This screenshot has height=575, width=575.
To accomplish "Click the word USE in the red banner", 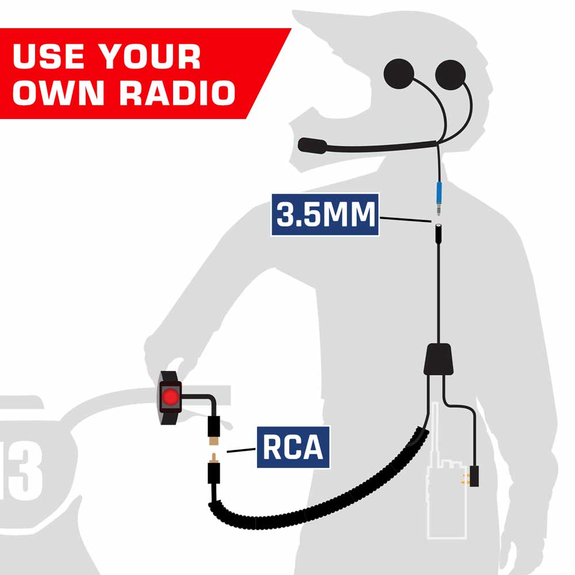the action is [x=48, y=56].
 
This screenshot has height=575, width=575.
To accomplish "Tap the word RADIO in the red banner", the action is [x=177, y=93].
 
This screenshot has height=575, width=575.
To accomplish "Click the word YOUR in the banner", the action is [x=149, y=56].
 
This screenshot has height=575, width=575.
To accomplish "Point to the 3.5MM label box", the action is [x=325, y=214].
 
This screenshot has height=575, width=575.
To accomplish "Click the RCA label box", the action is [x=293, y=447].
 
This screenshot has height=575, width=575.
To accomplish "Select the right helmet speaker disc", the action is [x=450, y=74].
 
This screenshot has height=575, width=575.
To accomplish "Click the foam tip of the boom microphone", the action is [x=312, y=145].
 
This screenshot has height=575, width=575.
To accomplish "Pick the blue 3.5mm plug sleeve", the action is [x=439, y=194].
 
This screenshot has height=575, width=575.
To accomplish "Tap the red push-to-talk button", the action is [x=171, y=397].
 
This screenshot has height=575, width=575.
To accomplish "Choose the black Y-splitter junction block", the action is [x=438, y=359].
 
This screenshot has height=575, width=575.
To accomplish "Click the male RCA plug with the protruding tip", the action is [x=214, y=469].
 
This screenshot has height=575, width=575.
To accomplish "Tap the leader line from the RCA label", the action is [x=241, y=450].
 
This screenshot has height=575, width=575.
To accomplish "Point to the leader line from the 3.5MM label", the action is [x=405, y=220].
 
